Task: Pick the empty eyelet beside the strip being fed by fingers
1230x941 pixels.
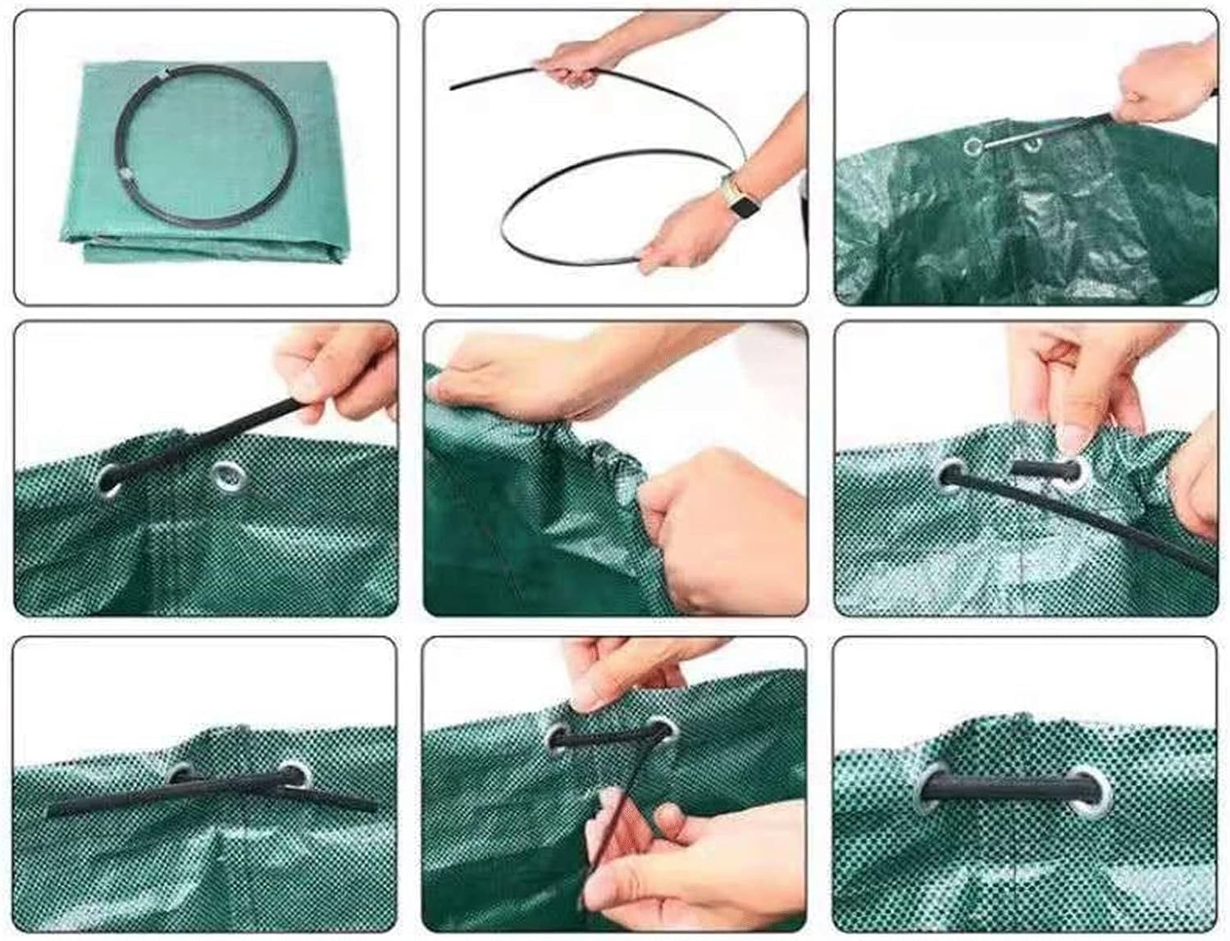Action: point(224,476)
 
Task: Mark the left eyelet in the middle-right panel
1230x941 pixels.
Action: point(951,475)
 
